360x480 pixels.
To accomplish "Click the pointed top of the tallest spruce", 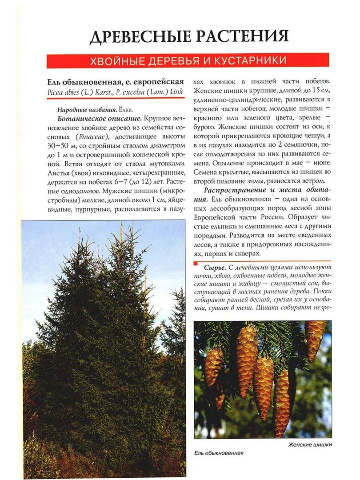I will pos(121,225).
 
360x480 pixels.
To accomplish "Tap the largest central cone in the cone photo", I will pos(247,360).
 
